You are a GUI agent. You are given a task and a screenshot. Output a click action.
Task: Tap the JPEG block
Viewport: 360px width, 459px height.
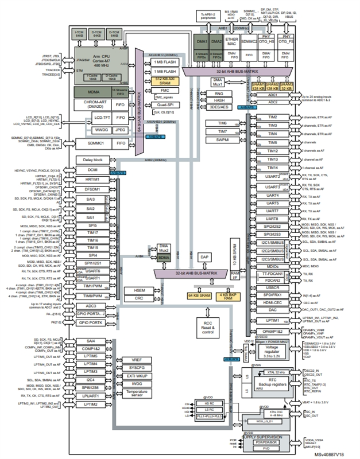[x=121, y=130]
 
